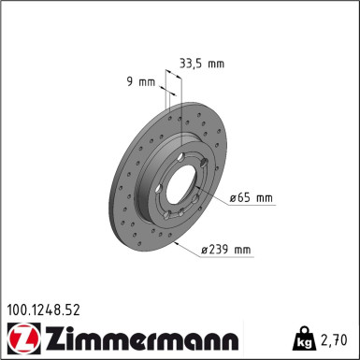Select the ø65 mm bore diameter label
click(251, 197)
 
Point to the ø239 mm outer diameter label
click(226, 250)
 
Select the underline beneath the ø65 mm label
click(250, 206)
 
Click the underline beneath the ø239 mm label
click(226, 258)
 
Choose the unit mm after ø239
click(242, 250)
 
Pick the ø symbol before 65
click(233, 197)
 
